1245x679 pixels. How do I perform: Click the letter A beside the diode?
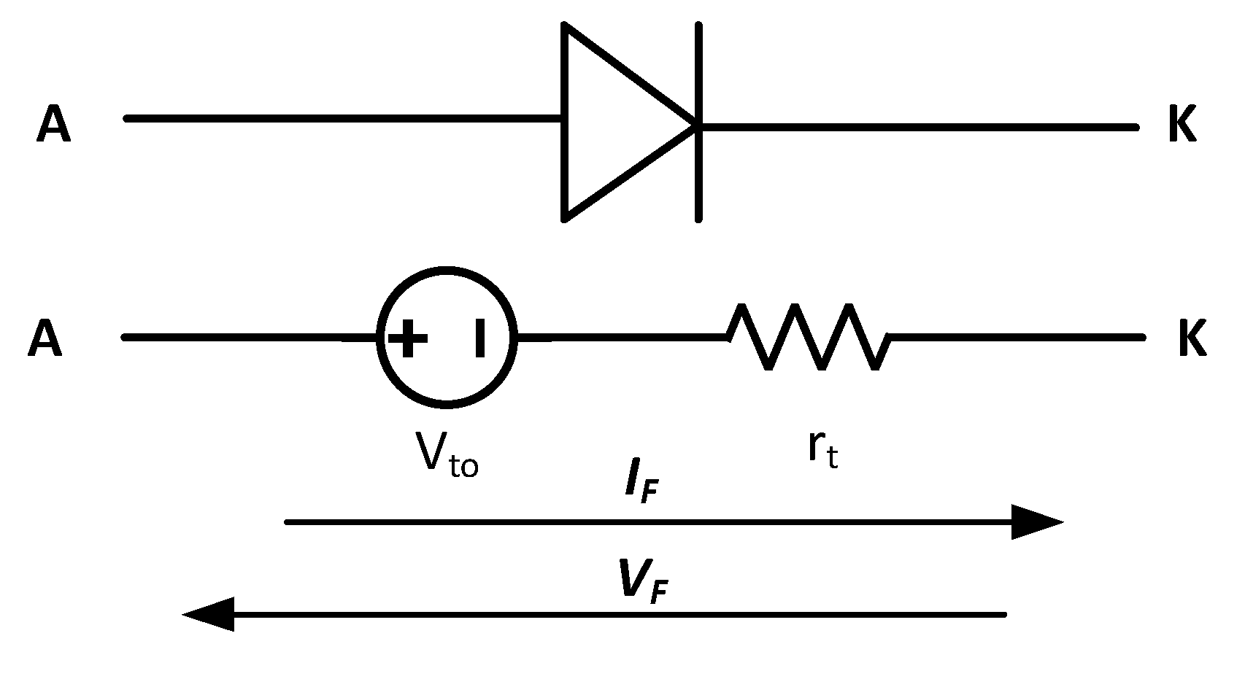[x=53, y=125]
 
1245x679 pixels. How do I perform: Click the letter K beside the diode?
[x=1182, y=125]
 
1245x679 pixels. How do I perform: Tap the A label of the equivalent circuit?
[x=45, y=340]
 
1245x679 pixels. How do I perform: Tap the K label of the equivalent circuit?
[x=1192, y=339]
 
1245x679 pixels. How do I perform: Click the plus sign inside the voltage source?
[x=408, y=339]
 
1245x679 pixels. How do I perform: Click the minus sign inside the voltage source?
[x=479, y=339]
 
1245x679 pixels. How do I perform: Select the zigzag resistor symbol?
[x=809, y=337]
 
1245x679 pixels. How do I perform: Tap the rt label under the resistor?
[x=822, y=450]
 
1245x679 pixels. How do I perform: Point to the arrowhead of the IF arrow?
[x=1036, y=522]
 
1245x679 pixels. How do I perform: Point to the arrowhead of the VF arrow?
[x=210, y=614]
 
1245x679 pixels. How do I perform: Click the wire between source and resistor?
[x=620, y=338]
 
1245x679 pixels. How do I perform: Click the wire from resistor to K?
[x=1014, y=338]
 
